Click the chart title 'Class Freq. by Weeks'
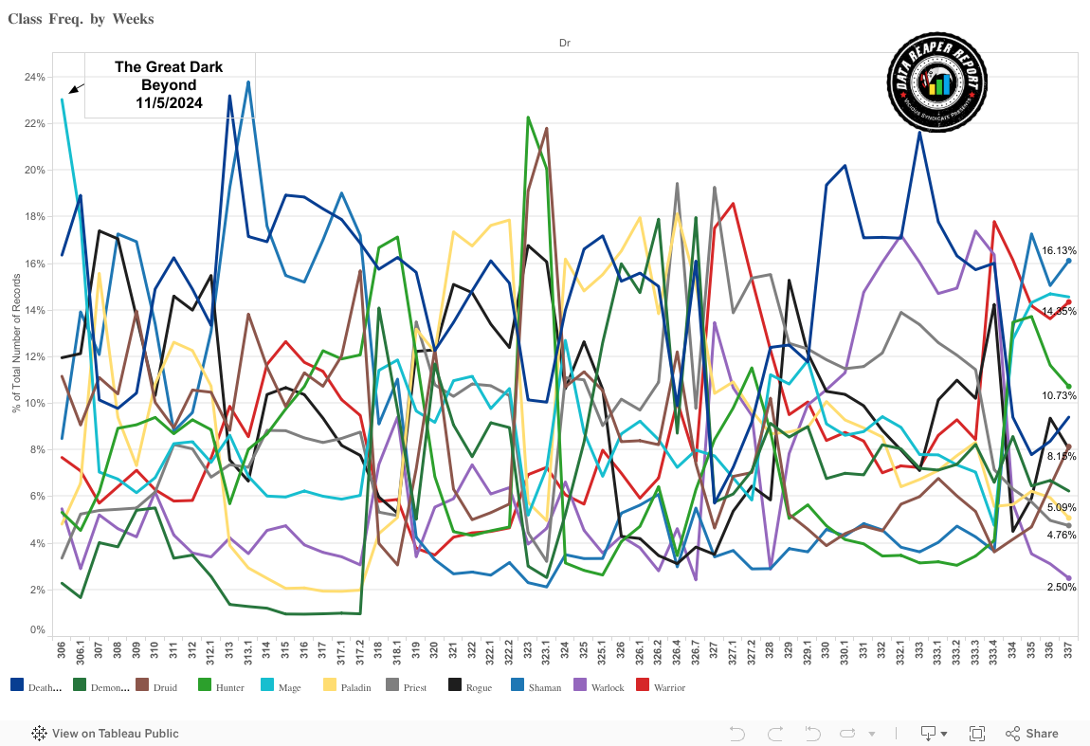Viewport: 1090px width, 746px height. (x=81, y=19)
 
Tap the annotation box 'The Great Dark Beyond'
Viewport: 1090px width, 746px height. (x=169, y=84)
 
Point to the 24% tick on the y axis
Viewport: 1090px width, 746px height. (x=34, y=77)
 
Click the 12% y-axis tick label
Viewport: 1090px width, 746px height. (x=34, y=356)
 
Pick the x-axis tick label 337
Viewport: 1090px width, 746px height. (x=1068, y=653)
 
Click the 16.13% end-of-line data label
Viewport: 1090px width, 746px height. (x=1058, y=251)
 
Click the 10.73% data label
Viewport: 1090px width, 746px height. (x=1059, y=396)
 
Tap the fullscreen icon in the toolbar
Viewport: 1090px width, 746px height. (x=977, y=733)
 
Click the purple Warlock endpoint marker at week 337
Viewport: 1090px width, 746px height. (x=1068, y=578)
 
